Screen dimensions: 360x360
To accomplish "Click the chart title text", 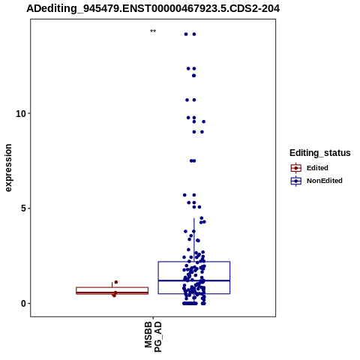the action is [x=153, y=9].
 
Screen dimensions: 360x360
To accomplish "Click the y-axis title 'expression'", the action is [x=8, y=168].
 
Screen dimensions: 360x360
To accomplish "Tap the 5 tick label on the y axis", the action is [x=24, y=208].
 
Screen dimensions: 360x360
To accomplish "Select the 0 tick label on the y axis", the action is [x=24, y=304].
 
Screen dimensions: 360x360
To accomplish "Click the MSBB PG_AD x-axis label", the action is [x=153, y=337].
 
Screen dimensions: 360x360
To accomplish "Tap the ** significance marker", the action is [x=153, y=31].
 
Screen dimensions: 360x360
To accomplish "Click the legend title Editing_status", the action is [x=320, y=153].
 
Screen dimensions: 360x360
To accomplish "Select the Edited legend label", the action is [x=317, y=168].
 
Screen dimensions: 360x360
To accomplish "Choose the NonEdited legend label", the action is [x=325, y=181].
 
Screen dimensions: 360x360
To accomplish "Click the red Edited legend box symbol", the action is [x=296, y=168].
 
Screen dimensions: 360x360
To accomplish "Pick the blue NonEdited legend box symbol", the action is [x=296, y=181].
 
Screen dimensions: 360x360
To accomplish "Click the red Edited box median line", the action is [x=112, y=292].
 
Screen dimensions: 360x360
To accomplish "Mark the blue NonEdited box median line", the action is [x=194, y=280].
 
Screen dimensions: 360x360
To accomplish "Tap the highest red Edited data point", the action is [x=116, y=282].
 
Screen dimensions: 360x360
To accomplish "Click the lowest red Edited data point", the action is [x=114, y=295].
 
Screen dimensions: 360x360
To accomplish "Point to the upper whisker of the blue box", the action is [x=194, y=240].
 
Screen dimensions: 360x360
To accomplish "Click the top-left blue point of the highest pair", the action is [x=186, y=34].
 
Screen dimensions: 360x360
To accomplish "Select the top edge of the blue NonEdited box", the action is [x=194, y=262].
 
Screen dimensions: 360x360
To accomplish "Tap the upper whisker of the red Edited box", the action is [x=112, y=285].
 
